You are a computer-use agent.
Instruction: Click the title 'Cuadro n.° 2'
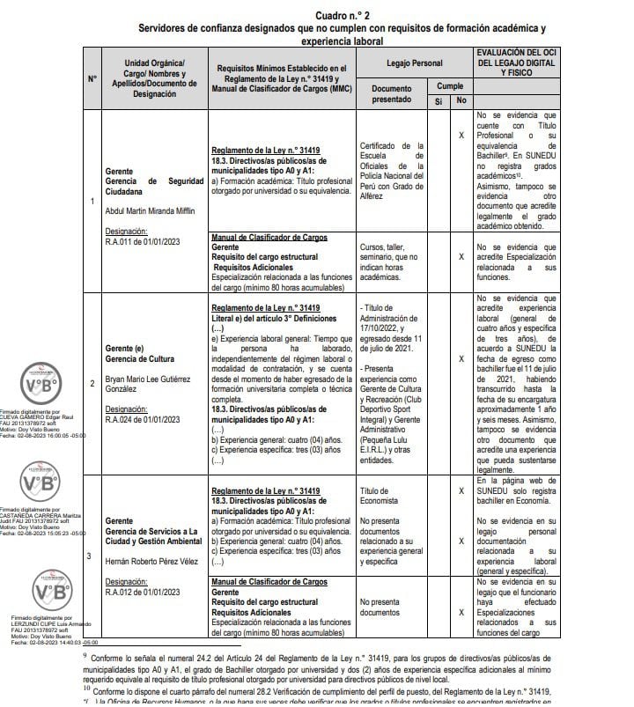[343, 16]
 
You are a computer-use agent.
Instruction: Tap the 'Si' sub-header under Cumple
[438, 101]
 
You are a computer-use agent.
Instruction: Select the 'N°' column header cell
[92, 79]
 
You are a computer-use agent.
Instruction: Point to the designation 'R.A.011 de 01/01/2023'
[147, 239]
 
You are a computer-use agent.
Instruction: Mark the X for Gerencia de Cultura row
[461, 358]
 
